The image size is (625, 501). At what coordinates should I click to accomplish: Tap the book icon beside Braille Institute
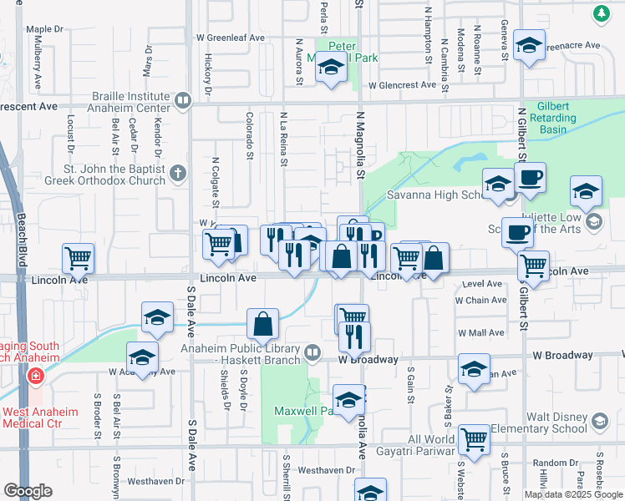(182, 101)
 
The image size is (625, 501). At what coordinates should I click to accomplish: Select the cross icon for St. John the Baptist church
(177, 175)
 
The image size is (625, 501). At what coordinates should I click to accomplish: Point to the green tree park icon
(601, 13)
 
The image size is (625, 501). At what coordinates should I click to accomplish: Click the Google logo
(28, 491)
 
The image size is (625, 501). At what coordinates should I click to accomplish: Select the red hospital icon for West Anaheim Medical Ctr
(35, 377)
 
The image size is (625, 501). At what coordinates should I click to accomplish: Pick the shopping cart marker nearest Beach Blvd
(79, 258)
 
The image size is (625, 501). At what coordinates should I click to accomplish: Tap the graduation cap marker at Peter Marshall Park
(332, 68)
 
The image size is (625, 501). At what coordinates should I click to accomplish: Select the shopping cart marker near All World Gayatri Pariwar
(474, 439)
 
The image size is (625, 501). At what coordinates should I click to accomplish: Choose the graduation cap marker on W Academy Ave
(143, 357)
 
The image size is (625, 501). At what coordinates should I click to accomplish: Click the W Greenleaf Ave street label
(231, 38)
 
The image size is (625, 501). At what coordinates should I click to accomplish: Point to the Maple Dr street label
(45, 29)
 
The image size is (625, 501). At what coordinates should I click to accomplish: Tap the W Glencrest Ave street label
(402, 85)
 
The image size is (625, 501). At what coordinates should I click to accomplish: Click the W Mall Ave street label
(480, 332)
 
